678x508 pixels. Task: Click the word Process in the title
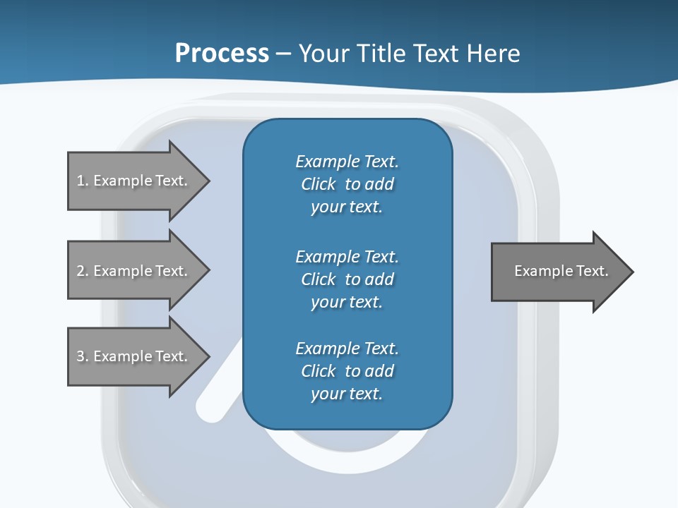point(222,54)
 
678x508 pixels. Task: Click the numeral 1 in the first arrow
point(80,181)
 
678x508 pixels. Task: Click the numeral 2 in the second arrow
point(81,271)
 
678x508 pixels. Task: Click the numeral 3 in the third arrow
point(81,356)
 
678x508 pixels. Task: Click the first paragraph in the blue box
point(347,184)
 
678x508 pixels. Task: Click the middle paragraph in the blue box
point(347,279)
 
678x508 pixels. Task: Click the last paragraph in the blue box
point(347,371)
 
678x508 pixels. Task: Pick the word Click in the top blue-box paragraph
point(319,184)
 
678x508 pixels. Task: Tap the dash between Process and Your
point(283,54)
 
